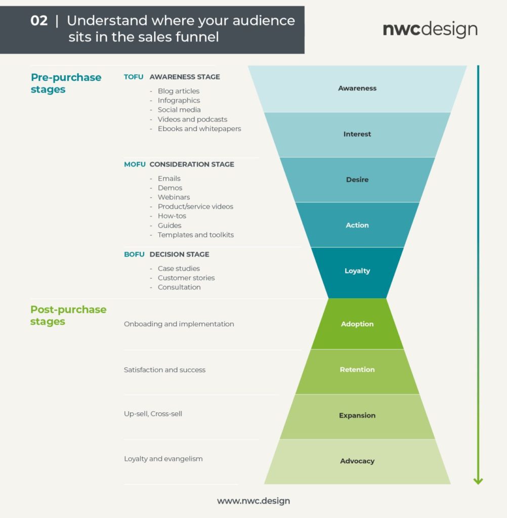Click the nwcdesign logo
tap(430, 29)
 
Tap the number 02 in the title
tap(39, 21)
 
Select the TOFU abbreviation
tap(134, 77)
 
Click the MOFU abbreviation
tap(135, 164)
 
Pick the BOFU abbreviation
tap(134, 254)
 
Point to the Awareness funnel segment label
tap(357, 89)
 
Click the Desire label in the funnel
tap(357, 180)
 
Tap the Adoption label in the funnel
tap(357, 324)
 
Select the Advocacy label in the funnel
tap(357, 461)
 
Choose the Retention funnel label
tap(357, 370)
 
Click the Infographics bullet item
tap(179, 101)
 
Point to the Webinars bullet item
tap(174, 197)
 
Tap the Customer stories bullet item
tap(186, 278)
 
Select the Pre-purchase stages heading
tap(66, 83)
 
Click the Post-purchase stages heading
tap(68, 316)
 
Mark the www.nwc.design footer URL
tap(254, 501)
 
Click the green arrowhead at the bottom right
tap(478, 481)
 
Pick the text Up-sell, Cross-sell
tap(153, 414)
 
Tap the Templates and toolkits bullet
tap(195, 235)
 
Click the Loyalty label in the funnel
tap(357, 271)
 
